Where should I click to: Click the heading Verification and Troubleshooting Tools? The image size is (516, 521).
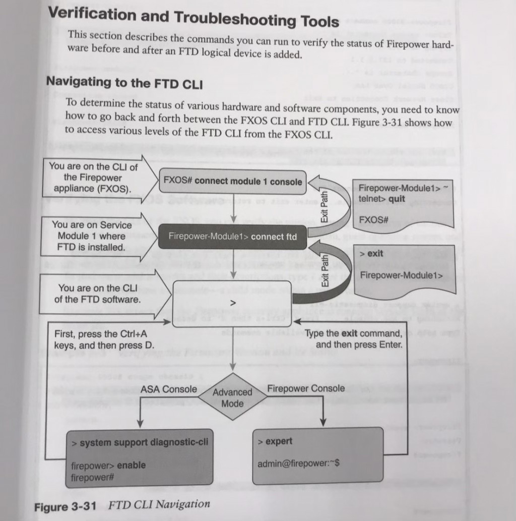pos(193,17)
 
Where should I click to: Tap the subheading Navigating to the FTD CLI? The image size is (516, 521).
pos(124,82)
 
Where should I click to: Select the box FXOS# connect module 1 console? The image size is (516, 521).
pos(233,181)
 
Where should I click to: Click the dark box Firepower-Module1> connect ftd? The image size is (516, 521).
pos(233,237)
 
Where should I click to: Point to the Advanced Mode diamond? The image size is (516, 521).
pos(232,397)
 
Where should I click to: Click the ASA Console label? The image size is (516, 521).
pos(169,389)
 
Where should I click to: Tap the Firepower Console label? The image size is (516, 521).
pos(306,388)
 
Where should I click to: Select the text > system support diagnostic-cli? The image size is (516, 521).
pos(140,442)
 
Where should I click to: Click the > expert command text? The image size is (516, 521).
pos(275,441)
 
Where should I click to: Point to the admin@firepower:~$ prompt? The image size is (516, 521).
pos(298,464)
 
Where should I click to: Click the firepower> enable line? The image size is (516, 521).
pos(108,465)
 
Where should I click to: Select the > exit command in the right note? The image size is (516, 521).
pos(371,253)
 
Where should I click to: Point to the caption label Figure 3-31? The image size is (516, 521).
pos(69,506)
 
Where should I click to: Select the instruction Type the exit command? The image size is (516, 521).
pos(354,339)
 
